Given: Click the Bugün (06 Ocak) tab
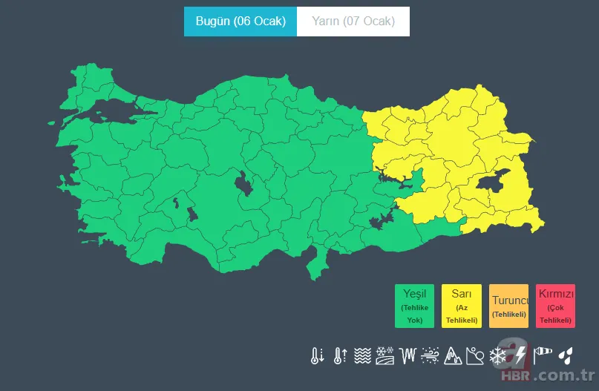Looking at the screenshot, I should click(240, 22).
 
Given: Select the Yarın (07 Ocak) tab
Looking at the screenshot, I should click(353, 22).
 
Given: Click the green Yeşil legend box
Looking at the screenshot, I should click(414, 306).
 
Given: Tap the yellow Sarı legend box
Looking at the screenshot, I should click(461, 306).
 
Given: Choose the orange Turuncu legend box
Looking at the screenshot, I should click(508, 306).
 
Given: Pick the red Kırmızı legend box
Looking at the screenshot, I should click(555, 306).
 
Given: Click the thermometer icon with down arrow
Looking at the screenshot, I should click(317, 355).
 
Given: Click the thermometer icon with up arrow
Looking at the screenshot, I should click(340, 355).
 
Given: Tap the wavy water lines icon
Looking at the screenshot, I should click(362, 355).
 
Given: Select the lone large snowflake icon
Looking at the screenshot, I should click(497, 355).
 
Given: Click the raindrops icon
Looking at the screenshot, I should click(566, 355).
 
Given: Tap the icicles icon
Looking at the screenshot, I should click(407, 355).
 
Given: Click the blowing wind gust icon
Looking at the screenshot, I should click(430, 355).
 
